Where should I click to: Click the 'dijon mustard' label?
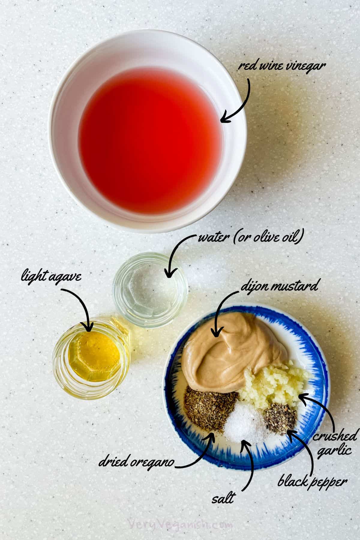pyautogui.click(x=279, y=286)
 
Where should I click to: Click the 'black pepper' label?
pyautogui.click(x=312, y=482)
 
